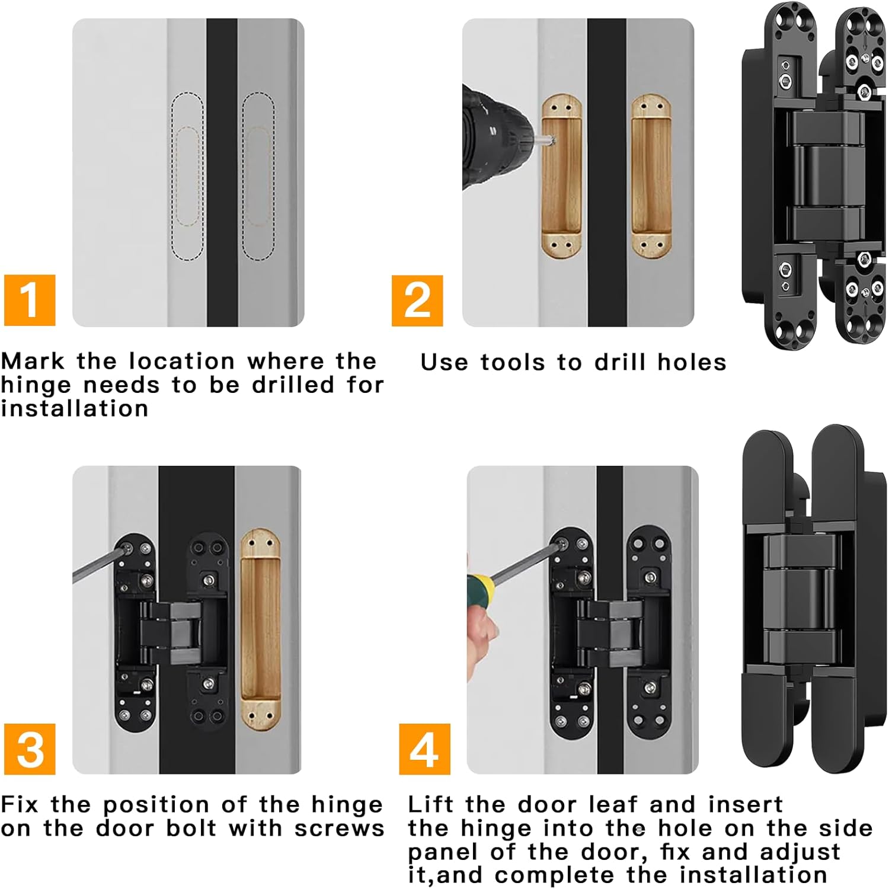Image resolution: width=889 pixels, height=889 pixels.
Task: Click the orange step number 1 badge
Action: (30, 300)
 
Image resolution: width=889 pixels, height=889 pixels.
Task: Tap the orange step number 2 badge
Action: (417, 300)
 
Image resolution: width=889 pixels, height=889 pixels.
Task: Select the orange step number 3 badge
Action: (30, 749)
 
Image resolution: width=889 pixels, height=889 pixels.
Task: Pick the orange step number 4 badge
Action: (424, 749)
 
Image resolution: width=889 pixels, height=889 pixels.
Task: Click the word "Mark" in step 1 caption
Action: (33, 361)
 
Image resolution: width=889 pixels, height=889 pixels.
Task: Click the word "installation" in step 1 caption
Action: (74, 408)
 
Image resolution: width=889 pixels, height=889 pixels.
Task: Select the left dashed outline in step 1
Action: (187, 176)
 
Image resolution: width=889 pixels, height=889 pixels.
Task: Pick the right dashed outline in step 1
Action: (258, 176)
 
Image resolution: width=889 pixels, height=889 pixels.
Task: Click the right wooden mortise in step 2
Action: (651, 176)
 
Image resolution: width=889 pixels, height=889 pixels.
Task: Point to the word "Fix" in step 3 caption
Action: (20, 804)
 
